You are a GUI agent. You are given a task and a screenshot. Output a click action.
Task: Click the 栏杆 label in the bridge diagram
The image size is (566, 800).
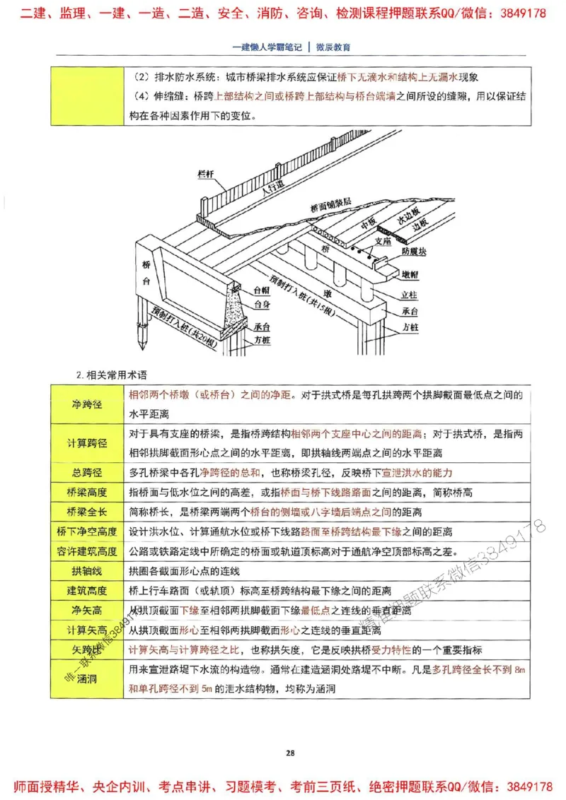tap(206, 173)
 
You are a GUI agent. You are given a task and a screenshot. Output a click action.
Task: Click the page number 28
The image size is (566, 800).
tap(290, 752)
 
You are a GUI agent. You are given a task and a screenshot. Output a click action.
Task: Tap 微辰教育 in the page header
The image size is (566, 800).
tap(333, 47)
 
